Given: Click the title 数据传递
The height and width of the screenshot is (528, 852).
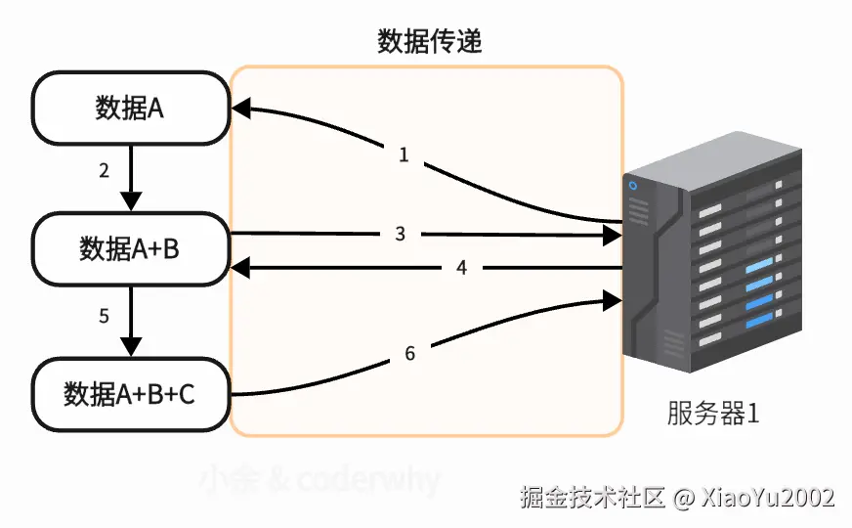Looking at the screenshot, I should tap(429, 41).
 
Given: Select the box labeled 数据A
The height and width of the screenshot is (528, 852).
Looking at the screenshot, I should tap(130, 109).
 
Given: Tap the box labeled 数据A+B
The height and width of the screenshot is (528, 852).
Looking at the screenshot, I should tap(130, 249).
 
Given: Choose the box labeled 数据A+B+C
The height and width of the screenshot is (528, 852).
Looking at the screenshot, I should tap(130, 394).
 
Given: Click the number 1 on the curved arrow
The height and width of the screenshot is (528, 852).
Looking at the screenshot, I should tap(404, 154).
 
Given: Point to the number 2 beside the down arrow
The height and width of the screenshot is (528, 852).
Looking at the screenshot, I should tap(105, 171).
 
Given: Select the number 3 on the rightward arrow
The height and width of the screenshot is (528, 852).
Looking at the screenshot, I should tap(401, 234).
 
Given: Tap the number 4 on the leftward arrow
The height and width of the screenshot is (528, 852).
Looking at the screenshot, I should tap(461, 267).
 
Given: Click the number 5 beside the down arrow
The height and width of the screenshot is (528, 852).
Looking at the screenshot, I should tap(105, 316).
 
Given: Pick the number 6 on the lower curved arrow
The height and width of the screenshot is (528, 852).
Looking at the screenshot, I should tap(410, 353).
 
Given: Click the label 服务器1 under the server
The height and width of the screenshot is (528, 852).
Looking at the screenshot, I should tap(713, 414).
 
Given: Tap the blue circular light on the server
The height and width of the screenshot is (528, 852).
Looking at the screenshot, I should tap(633, 186).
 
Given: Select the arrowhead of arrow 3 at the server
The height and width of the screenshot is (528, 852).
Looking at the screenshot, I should tap(613, 235).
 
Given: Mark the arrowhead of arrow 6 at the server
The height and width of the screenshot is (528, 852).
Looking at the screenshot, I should tap(613, 296).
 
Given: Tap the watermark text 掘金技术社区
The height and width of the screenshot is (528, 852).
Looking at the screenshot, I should tap(593, 497).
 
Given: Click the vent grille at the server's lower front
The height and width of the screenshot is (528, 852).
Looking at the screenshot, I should tap(673, 343).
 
